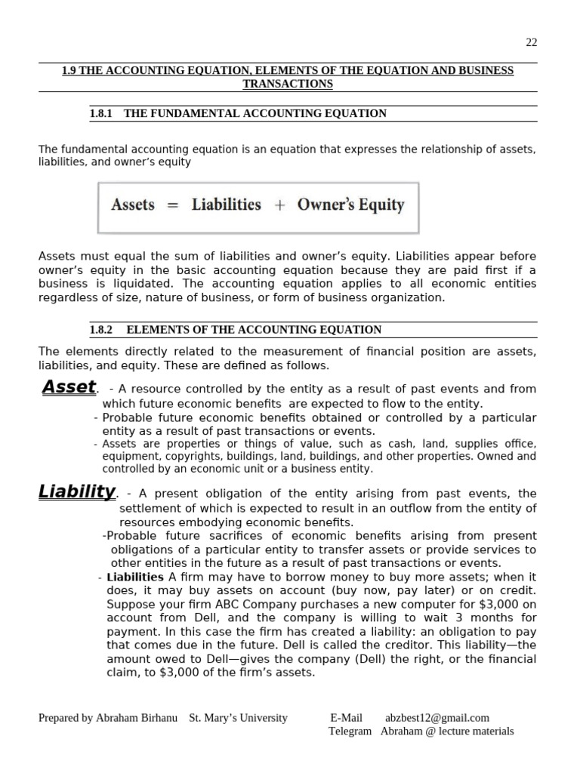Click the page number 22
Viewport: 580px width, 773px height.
tap(531, 42)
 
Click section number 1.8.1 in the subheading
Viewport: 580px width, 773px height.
tap(100, 113)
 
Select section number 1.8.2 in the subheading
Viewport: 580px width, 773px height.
tap(100, 330)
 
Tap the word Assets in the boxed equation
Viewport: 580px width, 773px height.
tap(133, 205)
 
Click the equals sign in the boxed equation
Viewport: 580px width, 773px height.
tap(173, 205)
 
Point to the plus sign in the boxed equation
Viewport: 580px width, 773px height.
tap(279, 205)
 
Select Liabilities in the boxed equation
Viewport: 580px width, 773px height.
tap(226, 205)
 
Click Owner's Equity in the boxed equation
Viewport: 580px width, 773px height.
tap(350, 205)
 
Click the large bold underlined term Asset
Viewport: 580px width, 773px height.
tap(69, 387)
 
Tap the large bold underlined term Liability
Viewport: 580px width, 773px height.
tap(76, 492)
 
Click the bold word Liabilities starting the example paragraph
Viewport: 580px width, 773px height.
tap(135, 577)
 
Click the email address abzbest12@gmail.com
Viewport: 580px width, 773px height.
tap(437, 718)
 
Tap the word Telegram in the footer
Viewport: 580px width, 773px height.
tap(350, 731)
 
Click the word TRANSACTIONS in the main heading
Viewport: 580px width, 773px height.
tap(287, 84)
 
